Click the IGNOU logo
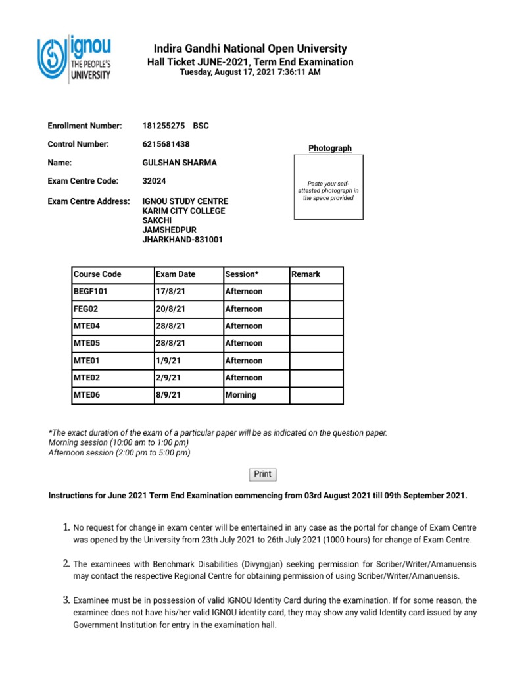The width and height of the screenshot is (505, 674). pos(74,59)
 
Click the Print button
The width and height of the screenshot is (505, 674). pos(262,474)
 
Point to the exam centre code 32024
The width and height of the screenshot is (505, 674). pos(154,181)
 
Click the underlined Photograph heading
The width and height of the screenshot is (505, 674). pos(330,149)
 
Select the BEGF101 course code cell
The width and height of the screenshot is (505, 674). pos(111,292)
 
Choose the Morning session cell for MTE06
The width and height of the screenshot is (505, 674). pos(255,395)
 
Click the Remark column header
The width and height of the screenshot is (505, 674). pos(316,274)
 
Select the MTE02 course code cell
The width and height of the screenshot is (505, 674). pos(111,378)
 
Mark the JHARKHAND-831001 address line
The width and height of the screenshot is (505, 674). pos(183,240)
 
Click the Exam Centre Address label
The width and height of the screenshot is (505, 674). pos(89,201)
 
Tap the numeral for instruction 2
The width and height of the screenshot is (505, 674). pos(66,564)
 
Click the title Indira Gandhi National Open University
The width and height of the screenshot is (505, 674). pos(250,49)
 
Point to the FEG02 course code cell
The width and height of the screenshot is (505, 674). pos(111,309)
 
